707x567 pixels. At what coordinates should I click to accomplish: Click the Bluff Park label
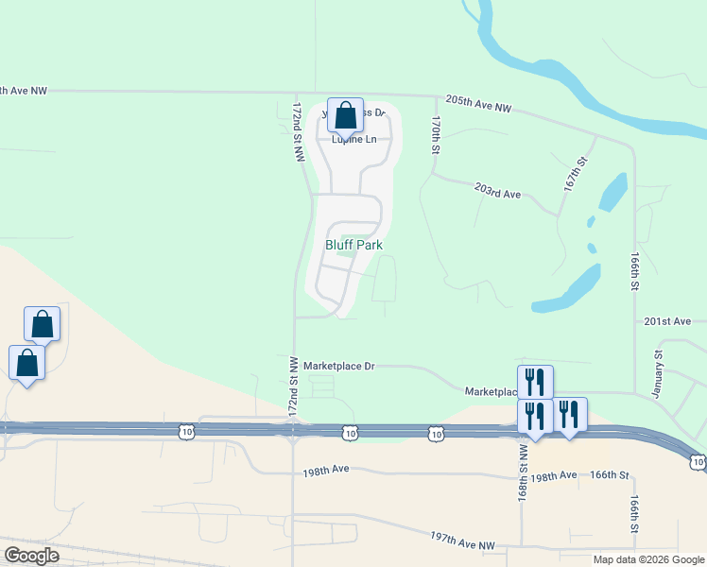coord(353,245)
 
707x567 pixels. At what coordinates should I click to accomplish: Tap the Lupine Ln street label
coord(353,139)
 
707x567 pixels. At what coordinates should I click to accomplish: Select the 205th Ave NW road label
coord(477,108)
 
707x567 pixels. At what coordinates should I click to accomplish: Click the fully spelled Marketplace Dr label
coord(338,366)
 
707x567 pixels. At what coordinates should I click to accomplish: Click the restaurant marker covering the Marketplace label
coord(535,382)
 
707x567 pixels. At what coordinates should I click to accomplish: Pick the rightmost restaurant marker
coord(569,414)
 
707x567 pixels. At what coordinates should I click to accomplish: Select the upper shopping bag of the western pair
coord(42,323)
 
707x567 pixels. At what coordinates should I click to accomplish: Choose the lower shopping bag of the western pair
coord(26,362)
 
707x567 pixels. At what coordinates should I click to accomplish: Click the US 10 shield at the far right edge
coord(698,460)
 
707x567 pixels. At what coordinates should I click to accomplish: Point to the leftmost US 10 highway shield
coord(185,432)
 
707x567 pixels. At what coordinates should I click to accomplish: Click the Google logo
coord(31,556)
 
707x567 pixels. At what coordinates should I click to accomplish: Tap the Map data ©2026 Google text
coord(647,559)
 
